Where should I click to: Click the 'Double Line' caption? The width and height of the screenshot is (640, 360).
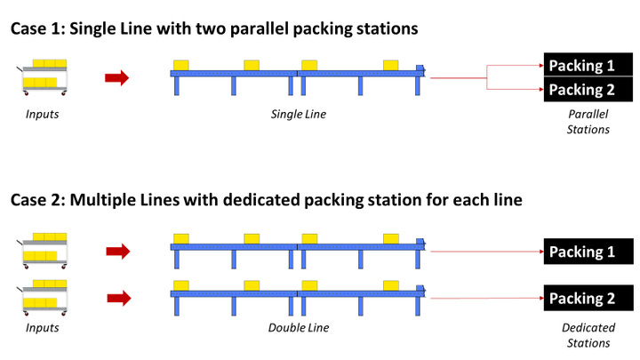[299, 328]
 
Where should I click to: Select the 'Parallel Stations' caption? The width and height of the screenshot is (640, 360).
[588, 122]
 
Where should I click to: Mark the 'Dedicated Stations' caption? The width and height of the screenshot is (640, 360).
[588, 335]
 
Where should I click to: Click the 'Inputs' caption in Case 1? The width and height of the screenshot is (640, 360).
[43, 115]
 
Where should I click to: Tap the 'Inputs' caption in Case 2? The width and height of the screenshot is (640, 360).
[43, 328]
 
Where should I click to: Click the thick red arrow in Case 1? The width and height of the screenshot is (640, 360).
[116, 78]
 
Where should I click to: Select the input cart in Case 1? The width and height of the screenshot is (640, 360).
[43, 77]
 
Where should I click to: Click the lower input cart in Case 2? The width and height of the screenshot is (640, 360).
[43, 296]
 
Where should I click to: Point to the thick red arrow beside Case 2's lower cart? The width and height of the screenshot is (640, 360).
[116, 297]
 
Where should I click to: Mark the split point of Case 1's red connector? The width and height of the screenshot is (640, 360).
[488, 78]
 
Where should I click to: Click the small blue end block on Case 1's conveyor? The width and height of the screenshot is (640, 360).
[420, 68]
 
